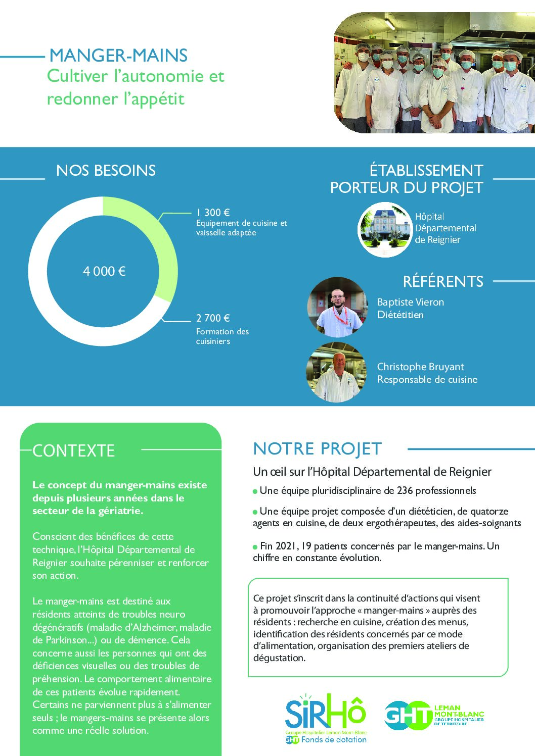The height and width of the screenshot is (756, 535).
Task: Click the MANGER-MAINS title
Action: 118,56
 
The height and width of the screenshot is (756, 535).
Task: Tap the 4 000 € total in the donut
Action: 104,271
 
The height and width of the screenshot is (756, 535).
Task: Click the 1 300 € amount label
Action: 213,213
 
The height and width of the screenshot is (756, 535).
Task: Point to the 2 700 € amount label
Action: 213,318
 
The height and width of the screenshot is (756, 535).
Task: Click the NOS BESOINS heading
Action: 106,171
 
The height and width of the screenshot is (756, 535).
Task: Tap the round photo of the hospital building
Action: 385,230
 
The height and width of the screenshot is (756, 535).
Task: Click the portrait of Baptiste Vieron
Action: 337,307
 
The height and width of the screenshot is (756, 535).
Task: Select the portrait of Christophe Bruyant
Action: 336,372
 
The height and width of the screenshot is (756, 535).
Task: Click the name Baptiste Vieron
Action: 411,302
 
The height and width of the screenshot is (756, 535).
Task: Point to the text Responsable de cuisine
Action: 427,379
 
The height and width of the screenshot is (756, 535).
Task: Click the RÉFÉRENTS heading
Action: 443,281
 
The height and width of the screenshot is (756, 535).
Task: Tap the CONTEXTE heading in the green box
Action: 74,450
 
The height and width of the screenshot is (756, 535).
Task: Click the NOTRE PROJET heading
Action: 317,448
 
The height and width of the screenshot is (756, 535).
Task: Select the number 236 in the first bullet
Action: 405,490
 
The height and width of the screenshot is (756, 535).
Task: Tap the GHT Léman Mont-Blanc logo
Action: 434,715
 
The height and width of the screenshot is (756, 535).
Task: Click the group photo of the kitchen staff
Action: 434,73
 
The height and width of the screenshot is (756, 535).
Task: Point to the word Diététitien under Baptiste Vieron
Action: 400,315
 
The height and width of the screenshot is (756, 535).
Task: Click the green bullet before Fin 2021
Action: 255,547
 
